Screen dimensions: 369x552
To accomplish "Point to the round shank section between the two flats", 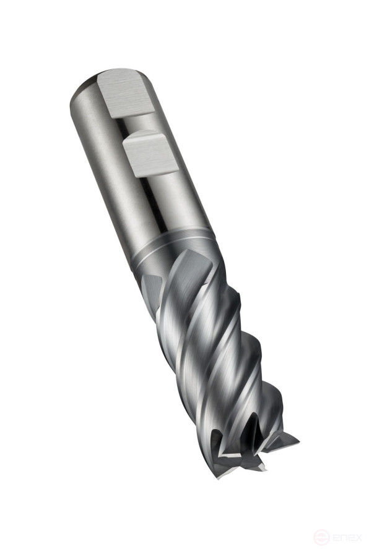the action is coord(142,124).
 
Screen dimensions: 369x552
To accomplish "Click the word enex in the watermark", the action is coord(346,538).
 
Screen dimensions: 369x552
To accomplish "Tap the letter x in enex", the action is coord(358,538).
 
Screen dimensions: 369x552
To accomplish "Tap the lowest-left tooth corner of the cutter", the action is coord(219,477).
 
